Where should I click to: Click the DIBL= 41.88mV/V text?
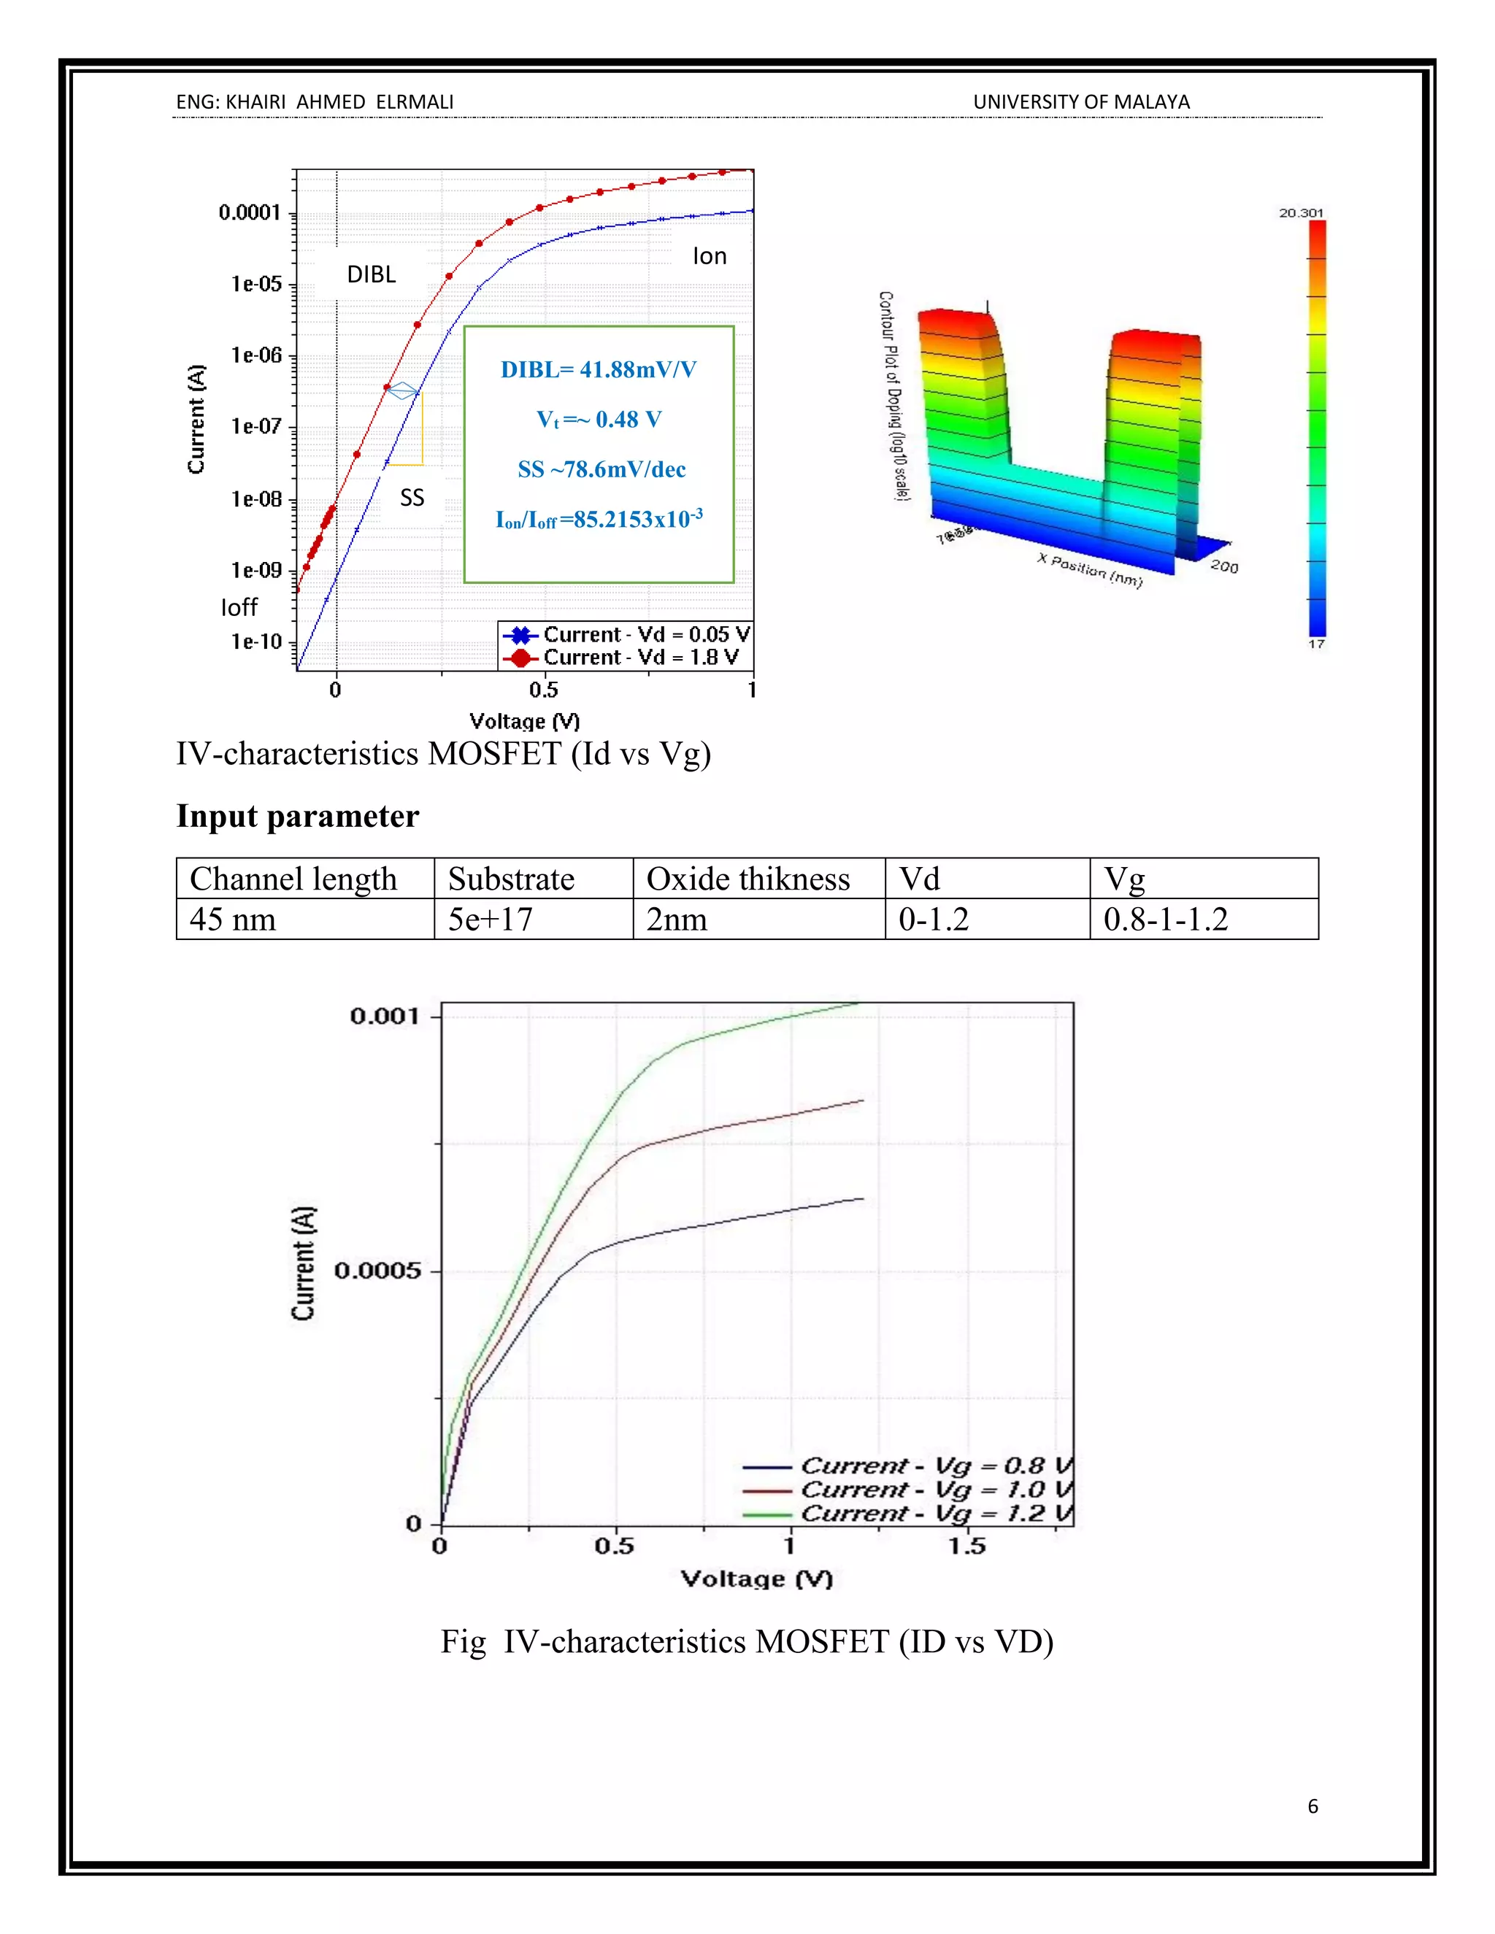click(599, 369)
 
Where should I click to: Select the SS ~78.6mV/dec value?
click(602, 469)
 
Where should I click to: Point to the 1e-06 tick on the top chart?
click(256, 355)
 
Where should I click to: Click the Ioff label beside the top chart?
click(239, 607)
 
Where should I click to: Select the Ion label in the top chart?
click(710, 256)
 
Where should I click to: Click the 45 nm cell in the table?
click(233, 919)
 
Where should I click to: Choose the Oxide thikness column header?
click(747, 879)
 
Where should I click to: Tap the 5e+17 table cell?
click(490, 919)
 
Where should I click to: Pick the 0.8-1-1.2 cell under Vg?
click(1166, 919)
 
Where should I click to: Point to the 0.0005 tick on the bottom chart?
click(375, 1271)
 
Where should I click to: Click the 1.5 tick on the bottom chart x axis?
click(967, 1546)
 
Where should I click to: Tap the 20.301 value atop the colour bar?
click(1300, 212)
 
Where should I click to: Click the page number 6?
click(1313, 1806)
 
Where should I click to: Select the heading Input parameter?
click(298, 816)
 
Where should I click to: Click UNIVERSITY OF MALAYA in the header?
click(1081, 102)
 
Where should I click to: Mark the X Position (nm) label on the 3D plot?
click(1091, 569)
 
